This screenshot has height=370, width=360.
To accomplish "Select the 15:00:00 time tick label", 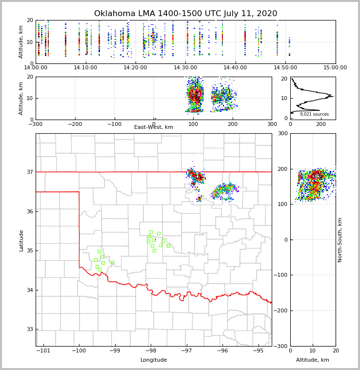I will coord(335,68).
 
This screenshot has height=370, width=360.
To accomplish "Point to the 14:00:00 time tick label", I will coord(36,68).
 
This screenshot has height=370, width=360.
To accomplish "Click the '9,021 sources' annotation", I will coord(314,114).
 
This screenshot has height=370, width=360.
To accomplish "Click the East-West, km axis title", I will coord(154,127).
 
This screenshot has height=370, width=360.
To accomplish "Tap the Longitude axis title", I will coord(154,360).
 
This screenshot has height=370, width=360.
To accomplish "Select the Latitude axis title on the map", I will coord(21,240).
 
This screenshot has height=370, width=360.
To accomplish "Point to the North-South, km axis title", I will coord(340,240).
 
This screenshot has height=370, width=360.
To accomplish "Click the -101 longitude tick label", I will coord(43,350).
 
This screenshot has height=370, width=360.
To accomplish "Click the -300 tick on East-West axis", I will coord(36,124).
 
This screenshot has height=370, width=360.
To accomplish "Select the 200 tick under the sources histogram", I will coord(321,124).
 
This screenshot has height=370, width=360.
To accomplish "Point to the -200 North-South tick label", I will coord(281,311).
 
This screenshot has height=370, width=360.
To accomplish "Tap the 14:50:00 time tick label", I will coord(285,68).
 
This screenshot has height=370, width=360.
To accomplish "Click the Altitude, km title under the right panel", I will coord(313,360).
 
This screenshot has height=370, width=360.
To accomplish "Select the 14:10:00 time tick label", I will coord(85,68).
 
